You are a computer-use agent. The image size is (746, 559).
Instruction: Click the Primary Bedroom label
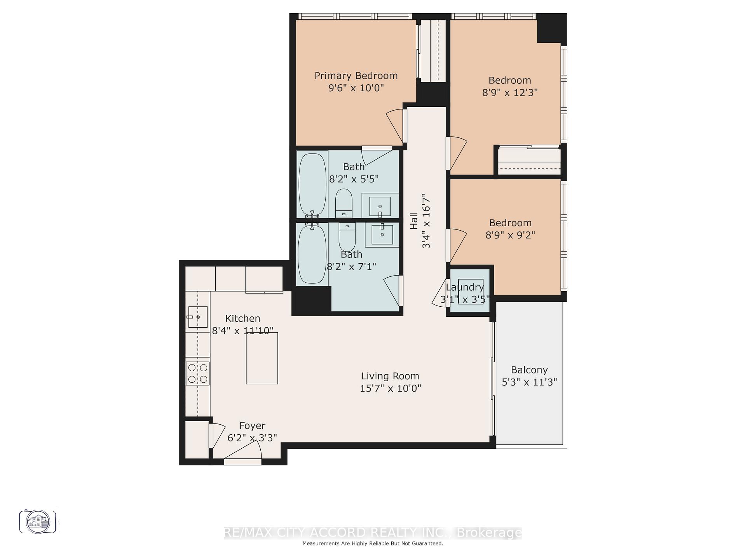pos(356,76)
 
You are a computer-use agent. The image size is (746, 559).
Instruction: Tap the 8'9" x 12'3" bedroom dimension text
pos(510,93)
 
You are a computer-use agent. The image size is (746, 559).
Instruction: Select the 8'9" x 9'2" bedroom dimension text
pos(510,235)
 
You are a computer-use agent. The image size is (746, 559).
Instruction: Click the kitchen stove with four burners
pos(197,373)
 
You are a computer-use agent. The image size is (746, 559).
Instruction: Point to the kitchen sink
pos(198,317)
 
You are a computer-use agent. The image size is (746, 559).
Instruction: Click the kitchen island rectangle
pos(262,358)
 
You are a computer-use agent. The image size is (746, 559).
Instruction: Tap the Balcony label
pos(529,370)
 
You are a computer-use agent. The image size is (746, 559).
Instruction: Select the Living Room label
pos(390,376)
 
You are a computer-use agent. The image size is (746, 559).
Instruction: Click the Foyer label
pos(252,426)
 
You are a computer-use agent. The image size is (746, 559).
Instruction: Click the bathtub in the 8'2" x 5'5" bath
pos(312,185)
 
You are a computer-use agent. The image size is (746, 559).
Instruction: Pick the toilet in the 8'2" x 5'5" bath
pos(343,203)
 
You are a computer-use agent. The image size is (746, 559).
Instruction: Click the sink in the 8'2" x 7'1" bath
pos(382,234)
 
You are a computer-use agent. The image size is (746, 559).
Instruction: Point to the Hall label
pos(414,220)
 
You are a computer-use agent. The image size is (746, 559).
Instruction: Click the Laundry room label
pos(465,288)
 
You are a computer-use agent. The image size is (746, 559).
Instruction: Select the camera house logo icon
pos(38,521)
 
